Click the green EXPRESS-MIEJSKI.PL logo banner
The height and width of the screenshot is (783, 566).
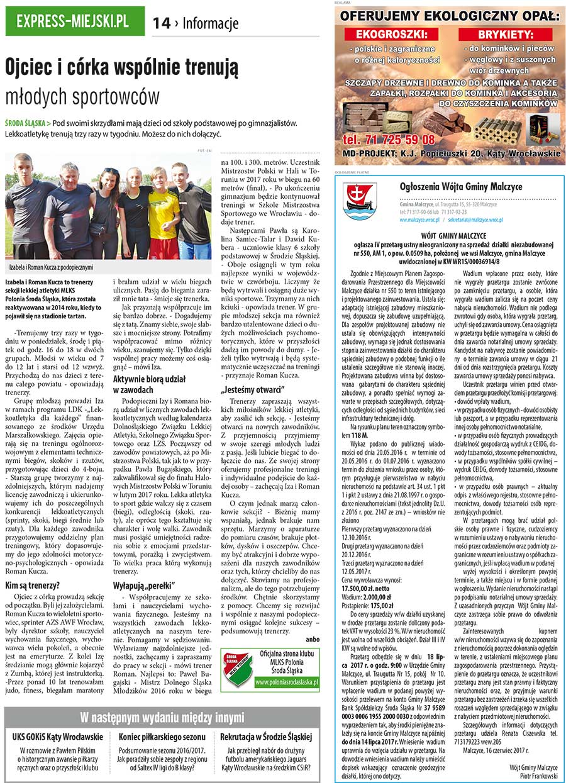click(x=74, y=21)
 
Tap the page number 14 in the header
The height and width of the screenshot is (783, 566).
click(x=162, y=23)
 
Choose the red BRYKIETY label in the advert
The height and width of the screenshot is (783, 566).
click(x=505, y=33)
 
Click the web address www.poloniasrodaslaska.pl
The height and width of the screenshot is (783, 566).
click(x=287, y=681)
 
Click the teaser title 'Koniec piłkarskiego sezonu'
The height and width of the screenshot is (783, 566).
click(x=162, y=736)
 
